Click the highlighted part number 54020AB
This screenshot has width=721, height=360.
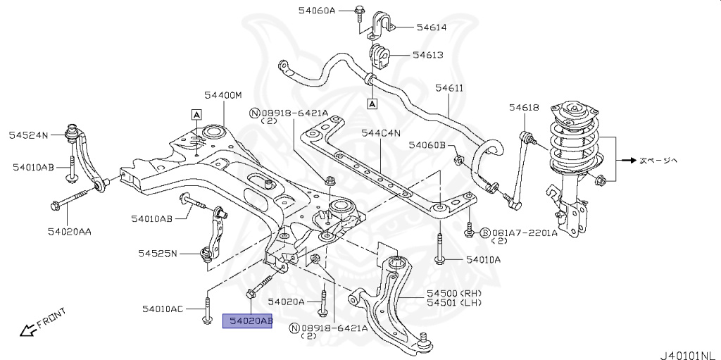coord(247,321)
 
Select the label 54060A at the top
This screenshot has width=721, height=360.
coord(336,11)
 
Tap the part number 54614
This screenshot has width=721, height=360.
coord(431,27)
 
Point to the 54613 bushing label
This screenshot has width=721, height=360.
coord(427,54)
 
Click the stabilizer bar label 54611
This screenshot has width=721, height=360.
coord(449,88)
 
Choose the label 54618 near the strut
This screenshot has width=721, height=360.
coord(524,107)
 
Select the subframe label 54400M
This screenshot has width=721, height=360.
coord(223,95)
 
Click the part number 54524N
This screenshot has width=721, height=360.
coord(28,134)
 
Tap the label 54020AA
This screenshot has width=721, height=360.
coord(70,230)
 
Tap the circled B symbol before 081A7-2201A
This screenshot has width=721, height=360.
coord(484,232)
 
